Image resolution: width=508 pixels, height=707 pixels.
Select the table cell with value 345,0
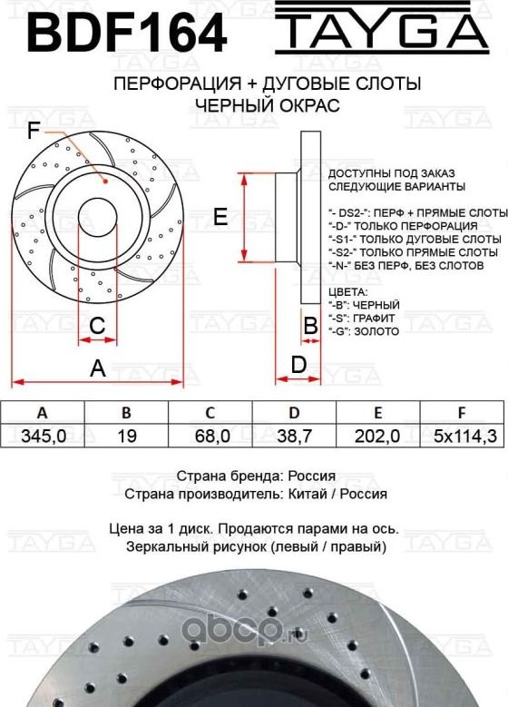(x=43, y=436)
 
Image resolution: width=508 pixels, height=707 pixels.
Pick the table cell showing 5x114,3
(x=464, y=436)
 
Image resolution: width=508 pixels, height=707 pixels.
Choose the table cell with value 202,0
(x=380, y=436)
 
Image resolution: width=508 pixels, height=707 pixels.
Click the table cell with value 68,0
(x=211, y=436)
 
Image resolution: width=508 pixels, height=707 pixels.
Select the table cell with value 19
(x=127, y=436)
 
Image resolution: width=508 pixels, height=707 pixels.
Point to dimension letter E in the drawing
(x=220, y=216)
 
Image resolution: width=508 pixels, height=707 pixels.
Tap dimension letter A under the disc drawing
(x=97, y=368)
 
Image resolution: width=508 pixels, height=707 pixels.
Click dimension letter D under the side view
(x=297, y=365)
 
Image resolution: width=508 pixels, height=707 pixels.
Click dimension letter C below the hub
(x=97, y=326)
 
